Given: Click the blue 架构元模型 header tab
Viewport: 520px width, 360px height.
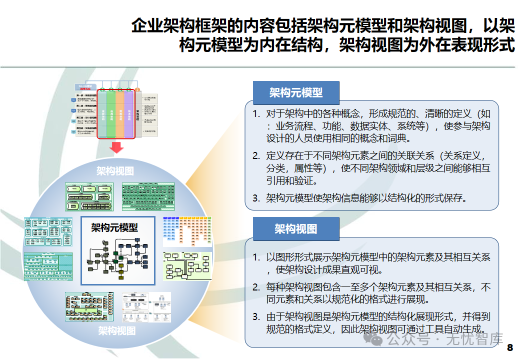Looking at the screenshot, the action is [296, 92].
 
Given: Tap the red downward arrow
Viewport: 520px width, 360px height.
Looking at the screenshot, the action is [116, 147].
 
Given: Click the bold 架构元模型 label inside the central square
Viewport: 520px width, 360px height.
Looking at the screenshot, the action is [114, 227].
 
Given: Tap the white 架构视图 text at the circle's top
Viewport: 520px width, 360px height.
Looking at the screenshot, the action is [115, 171].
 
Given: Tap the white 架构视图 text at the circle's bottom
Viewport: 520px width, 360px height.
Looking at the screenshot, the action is [116, 330].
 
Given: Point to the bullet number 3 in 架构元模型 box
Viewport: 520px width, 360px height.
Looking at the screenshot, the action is [256, 198].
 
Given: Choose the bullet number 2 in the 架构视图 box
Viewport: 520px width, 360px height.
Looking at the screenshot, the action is [256, 287].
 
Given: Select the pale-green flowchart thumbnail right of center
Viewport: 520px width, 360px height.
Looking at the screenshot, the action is [187, 266].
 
